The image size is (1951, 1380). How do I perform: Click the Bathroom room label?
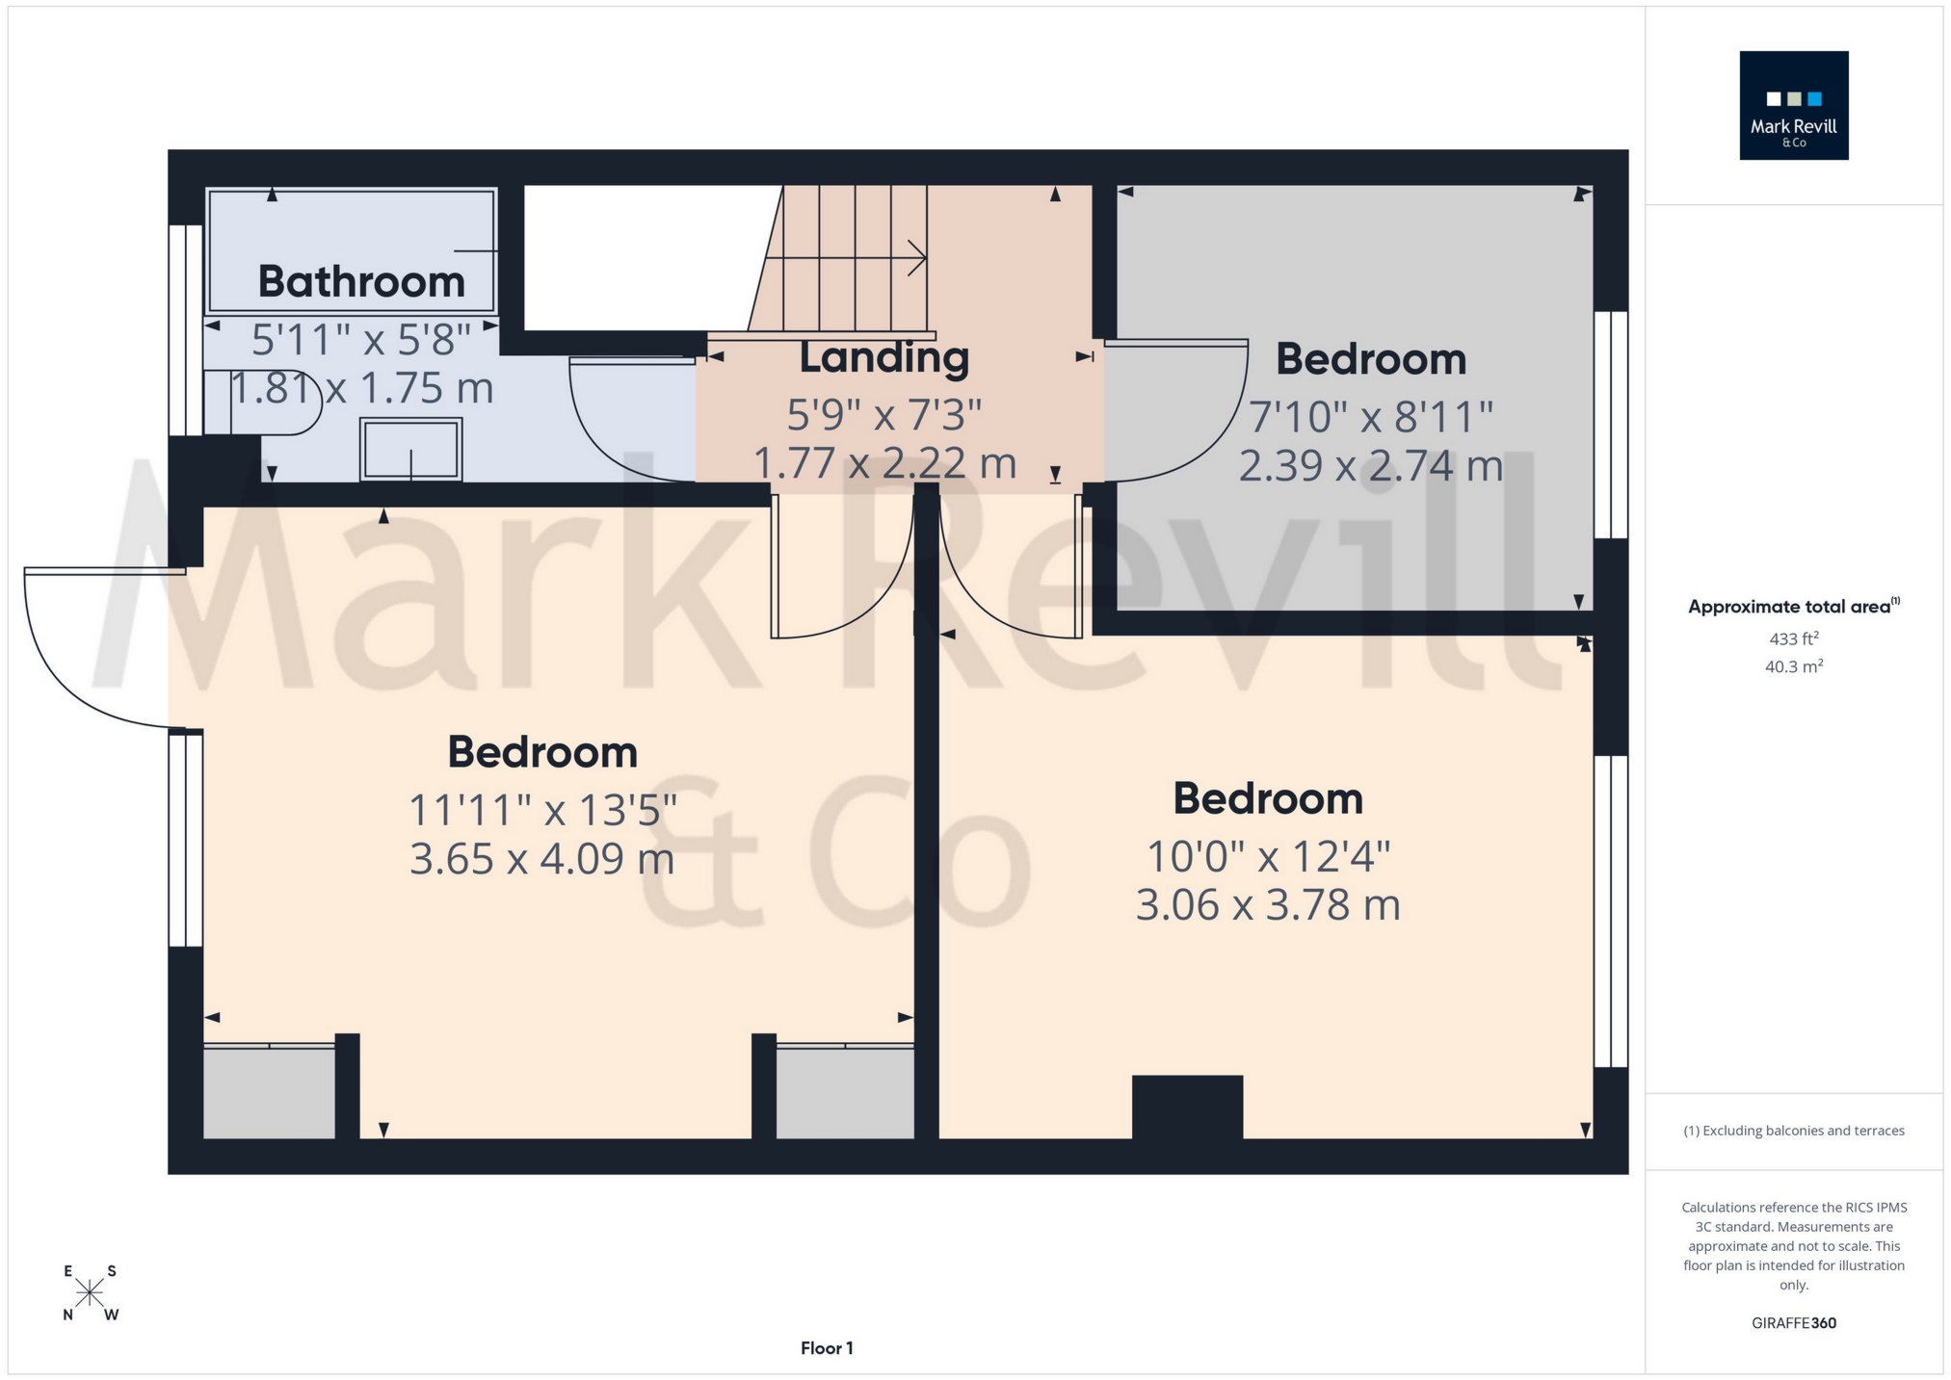(361, 282)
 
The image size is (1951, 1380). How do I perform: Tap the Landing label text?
(883, 358)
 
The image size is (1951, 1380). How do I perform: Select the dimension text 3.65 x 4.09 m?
(541, 859)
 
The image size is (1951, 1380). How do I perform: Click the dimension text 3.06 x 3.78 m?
(1267, 905)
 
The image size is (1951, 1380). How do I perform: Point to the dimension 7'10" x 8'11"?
(1370, 418)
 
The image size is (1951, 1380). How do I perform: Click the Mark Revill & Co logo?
(1793, 106)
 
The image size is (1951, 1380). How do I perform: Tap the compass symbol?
(90, 1292)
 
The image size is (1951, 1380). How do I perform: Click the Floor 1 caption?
(827, 1348)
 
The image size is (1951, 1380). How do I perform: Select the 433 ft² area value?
(1793, 638)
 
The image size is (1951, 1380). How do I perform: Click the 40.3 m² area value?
(1793, 666)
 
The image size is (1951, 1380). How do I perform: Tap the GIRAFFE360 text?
(1793, 1323)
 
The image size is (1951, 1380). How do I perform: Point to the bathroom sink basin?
(411, 449)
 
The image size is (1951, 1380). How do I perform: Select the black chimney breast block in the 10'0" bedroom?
(1187, 1107)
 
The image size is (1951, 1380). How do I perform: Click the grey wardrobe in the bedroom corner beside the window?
(269, 1092)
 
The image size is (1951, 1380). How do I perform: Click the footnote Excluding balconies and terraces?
(1793, 1131)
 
